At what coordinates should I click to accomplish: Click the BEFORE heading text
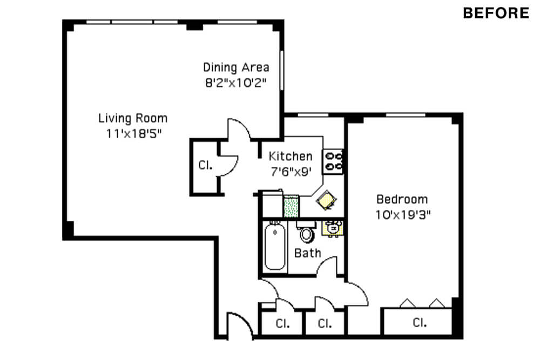coord(496,13)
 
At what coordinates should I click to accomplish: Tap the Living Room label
coord(133,118)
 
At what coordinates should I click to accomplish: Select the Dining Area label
coord(236,67)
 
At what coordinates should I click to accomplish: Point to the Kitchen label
coord(291,156)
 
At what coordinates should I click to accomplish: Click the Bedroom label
coord(402,199)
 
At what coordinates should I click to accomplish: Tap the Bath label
coord(308,253)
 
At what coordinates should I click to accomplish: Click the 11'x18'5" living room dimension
coord(133,133)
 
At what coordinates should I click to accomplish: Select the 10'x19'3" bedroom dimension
coord(403,215)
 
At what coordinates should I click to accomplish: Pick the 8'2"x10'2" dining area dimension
coord(236,83)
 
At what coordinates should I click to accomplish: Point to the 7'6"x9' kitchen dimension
coord(291,172)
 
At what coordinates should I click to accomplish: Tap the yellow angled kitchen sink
coord(326,200)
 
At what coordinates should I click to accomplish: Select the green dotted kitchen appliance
coord(291,207)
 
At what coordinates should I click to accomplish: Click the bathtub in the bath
coord(275,246)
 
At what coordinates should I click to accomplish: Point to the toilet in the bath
coord(306,232)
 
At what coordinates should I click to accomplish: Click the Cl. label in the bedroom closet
coord(420,322)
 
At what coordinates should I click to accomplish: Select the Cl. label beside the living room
coord(206,165)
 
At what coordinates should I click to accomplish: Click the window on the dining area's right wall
coord(282,71)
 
